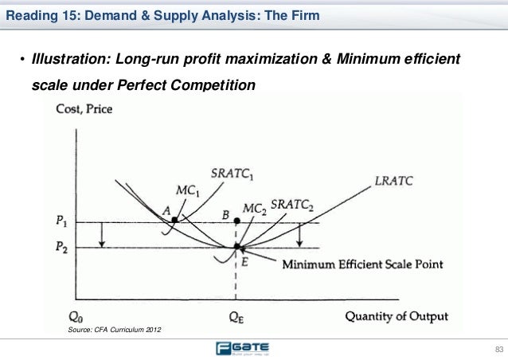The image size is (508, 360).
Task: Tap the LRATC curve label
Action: (394, 181)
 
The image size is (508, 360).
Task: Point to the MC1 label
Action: (187, 194)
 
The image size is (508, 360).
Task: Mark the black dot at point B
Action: (236, 223)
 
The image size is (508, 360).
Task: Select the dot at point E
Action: (236, 247)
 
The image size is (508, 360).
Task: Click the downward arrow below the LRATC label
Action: (299, 235)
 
